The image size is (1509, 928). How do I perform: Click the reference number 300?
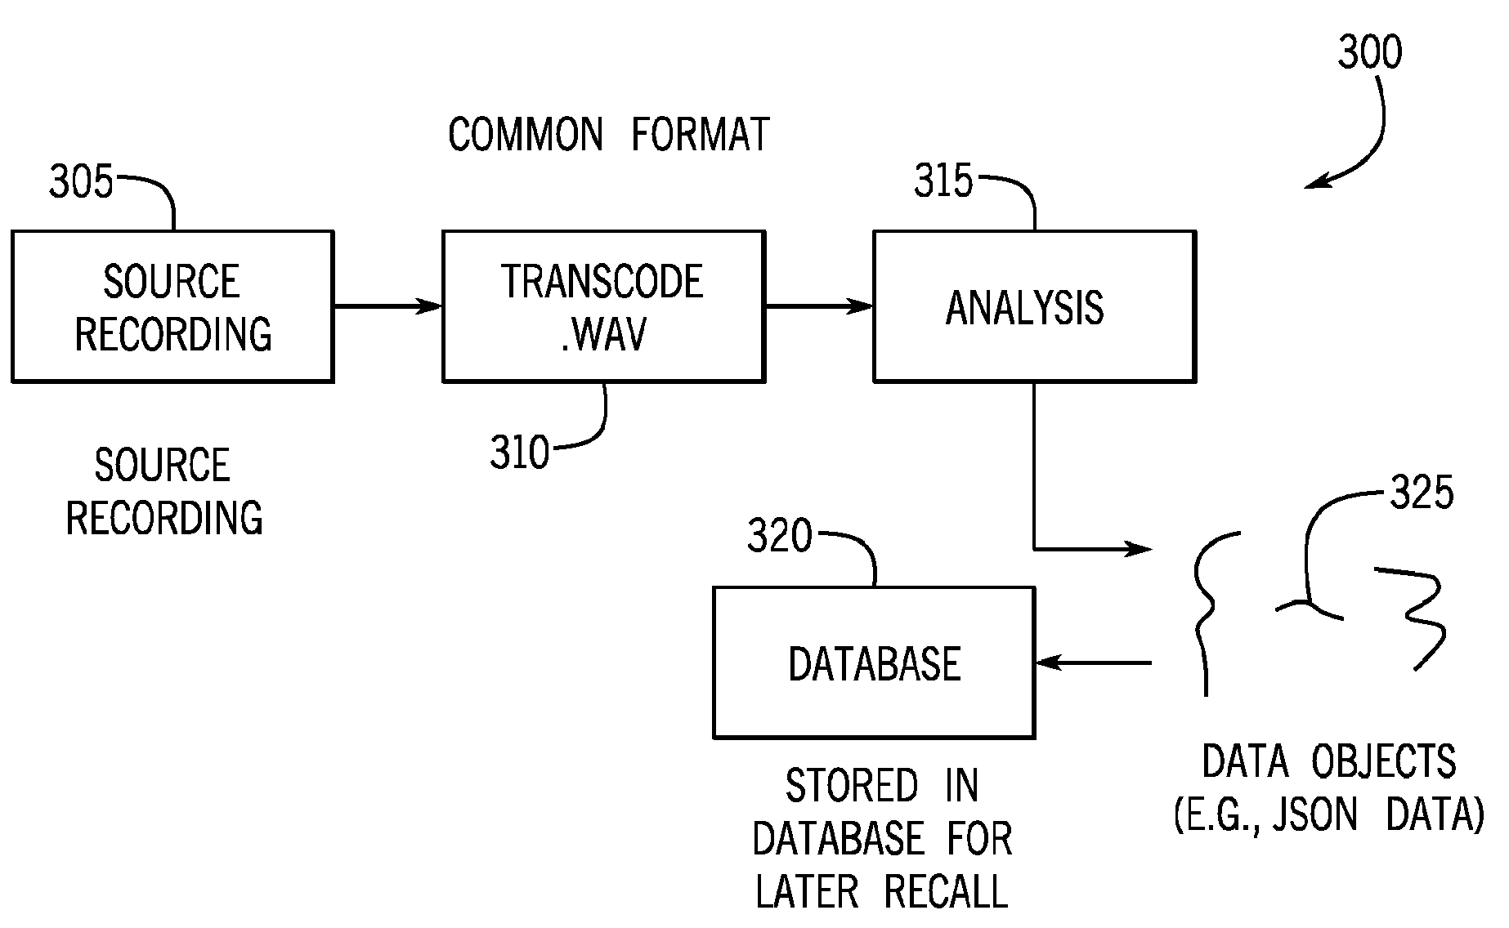tap(1370, 51)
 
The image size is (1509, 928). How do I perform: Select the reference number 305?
tap(81, 181)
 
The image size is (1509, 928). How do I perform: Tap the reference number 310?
tap(520, 453)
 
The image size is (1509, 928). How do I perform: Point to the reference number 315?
tap(944, 181)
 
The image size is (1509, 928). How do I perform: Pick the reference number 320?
tap(780, 537)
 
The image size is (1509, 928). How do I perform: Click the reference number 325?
tap(1422, 493)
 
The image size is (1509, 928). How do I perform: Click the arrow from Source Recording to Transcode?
tap(387, 306)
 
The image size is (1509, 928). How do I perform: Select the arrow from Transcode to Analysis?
tap(818, 306)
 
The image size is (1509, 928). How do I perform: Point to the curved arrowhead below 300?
tap(1314, 184)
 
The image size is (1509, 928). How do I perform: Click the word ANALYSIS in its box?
tap(1025, 308)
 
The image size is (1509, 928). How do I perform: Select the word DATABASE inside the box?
tap(874, 663)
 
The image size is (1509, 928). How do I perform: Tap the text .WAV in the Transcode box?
tap(603, 334)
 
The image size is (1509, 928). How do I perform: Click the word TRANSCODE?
tap(602, 282)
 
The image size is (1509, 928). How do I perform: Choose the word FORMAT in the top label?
tap(701, 135)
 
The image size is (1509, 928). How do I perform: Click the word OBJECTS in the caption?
tap(1384, 761)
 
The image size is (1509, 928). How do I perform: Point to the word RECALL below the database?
tap(946, 891)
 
